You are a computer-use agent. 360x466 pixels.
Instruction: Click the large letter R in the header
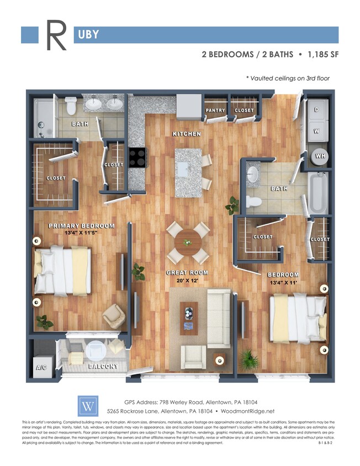point(56,35)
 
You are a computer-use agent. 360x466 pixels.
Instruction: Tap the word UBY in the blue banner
point(86,35)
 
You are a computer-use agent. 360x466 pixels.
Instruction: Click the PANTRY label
point(215,110)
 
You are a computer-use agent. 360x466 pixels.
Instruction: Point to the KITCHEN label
point(187,134)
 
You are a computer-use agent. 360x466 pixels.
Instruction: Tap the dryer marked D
point(317,110)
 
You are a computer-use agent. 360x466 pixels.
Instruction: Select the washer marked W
point(317,131)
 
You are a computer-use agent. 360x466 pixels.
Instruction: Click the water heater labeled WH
point(320,156)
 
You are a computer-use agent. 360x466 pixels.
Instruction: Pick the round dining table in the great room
point(188,241)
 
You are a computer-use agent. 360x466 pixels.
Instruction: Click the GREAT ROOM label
point(188,273)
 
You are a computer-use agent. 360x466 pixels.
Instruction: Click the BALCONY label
point(103,367)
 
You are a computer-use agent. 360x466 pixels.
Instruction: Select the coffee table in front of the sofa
point(189,317)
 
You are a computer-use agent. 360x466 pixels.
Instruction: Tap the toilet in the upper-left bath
point(70,105)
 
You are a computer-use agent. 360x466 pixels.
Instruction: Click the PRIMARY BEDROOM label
point(81,226)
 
